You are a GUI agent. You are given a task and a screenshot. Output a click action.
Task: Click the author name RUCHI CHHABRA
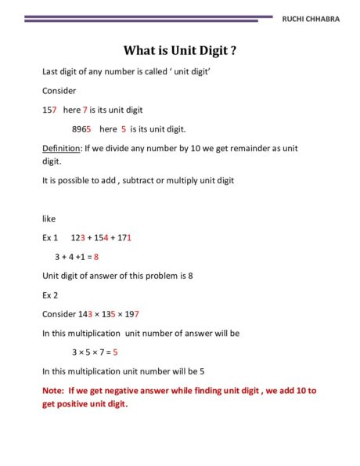coord(311,20)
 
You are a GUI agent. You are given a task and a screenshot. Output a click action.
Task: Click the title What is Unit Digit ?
coord(180,51)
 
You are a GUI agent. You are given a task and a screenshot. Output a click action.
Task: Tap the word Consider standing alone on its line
coord(59,90)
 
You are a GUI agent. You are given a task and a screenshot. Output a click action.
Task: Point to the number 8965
coord(81,128)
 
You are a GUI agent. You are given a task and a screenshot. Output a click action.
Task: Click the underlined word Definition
coord(59,148)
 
